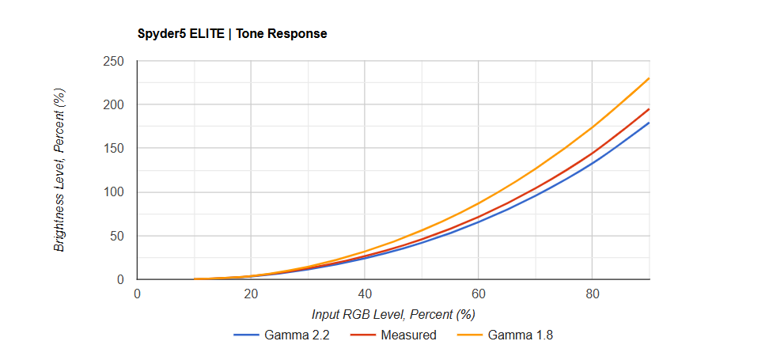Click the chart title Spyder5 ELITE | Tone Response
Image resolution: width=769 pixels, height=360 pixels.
232,34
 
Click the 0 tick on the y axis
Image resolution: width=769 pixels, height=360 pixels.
121,279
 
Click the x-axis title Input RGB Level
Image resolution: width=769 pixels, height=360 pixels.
393,314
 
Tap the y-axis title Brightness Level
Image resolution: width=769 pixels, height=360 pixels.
59,170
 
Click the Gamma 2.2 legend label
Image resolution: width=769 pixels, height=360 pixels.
297,335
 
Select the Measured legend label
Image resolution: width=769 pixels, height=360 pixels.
408,335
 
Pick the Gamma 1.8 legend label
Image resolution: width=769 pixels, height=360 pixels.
521,335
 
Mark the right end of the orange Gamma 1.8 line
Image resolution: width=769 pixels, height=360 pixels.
649,78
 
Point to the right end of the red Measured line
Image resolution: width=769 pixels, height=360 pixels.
649,109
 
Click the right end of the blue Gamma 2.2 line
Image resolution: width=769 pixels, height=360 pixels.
649,123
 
